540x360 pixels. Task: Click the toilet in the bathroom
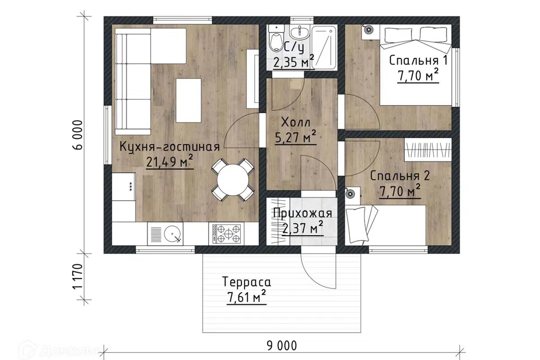coord(276,37)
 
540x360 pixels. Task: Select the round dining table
coord(232,179)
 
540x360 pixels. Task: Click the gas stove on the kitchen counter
coord(227,233)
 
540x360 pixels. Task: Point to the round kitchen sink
coord(172,234)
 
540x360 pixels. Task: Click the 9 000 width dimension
coord(281,345)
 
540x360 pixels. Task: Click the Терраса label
coord(246,282)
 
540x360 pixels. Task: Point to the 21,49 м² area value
coord(169,161)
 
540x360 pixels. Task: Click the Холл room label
coord(296,122)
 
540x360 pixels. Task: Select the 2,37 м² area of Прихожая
coord(303,228)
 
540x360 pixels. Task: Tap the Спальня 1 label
coord(418,61)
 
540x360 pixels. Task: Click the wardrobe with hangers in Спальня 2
coord(427,149)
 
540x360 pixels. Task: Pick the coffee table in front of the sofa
coord(188,100)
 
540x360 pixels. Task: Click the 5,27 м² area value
coord(296,137)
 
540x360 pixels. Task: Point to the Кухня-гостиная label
coord(169,147)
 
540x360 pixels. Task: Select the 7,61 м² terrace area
coord(246,296)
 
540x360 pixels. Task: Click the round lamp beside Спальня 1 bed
coord(369,30)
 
